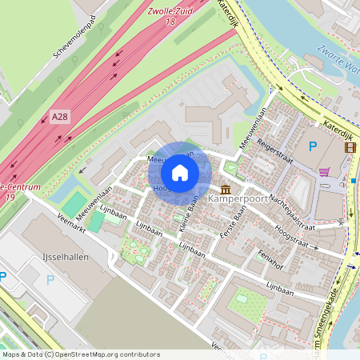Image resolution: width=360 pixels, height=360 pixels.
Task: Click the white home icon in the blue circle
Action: coord(180,173)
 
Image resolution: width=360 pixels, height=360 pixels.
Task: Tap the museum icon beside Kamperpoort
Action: coord(226,189)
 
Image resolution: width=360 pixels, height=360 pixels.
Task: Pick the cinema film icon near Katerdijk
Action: coord(349,146)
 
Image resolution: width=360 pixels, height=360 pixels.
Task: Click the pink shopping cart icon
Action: coord(324,171)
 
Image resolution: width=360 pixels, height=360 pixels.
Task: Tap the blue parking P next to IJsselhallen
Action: coord(51,280)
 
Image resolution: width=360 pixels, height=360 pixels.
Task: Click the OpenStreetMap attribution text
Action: coord(80,354)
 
